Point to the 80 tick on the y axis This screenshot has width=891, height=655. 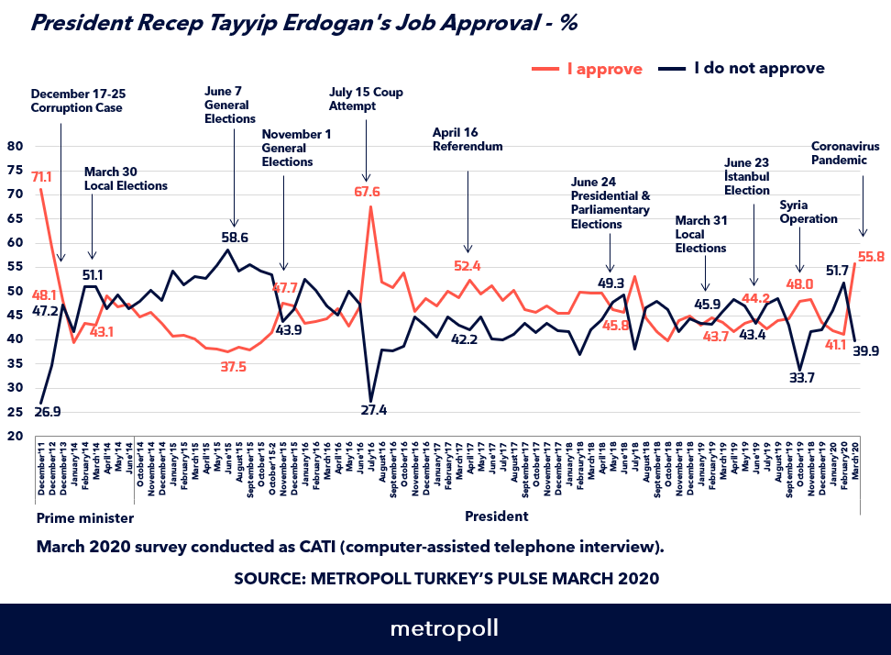coord(16,146)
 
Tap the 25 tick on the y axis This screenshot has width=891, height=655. coord(16,412)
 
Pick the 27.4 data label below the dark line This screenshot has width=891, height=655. coord(373,409)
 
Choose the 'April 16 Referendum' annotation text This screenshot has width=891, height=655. coord(467,139)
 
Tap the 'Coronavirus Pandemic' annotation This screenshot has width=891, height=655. coord(845,153)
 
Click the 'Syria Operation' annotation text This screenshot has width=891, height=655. coord(808,212)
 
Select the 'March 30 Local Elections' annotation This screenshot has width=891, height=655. coord(126,178)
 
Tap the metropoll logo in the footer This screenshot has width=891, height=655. coord(445,629)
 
